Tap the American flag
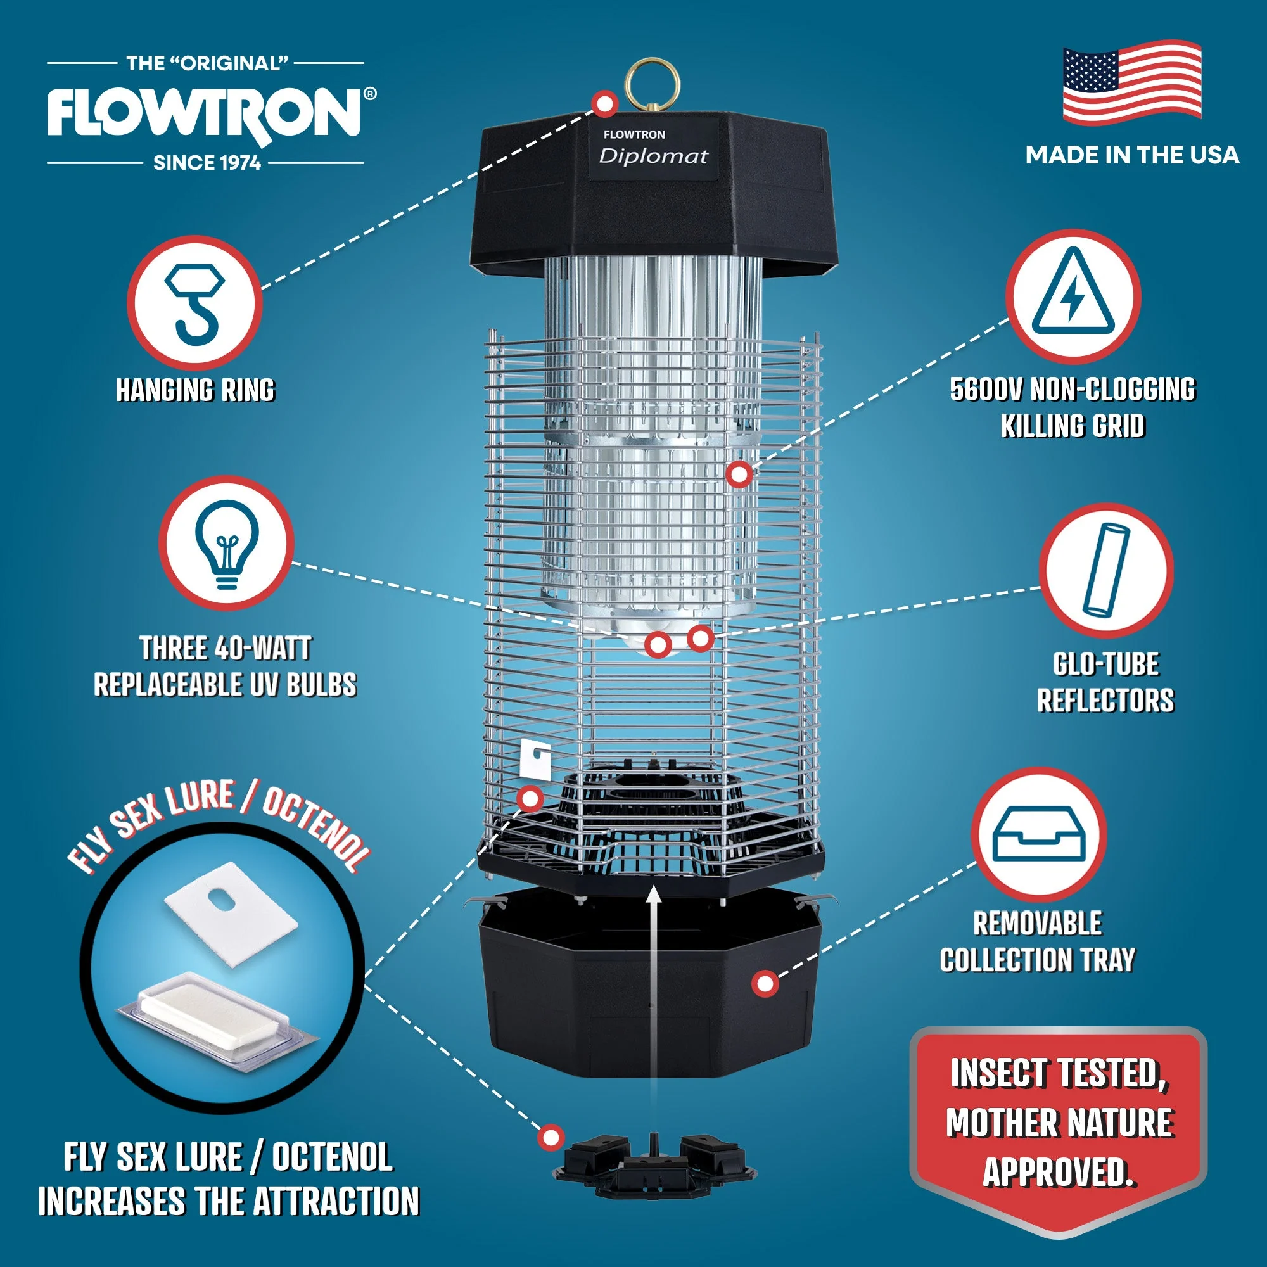click(1132, 82)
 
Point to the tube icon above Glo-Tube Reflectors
click(1106, 570)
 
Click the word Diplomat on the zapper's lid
click(654, 156)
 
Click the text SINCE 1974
click(207, 163)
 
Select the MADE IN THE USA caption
click(1132, 155)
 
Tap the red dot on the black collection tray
click(765, 983)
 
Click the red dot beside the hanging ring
click(604, 104)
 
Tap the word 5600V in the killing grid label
click(986, 390)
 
